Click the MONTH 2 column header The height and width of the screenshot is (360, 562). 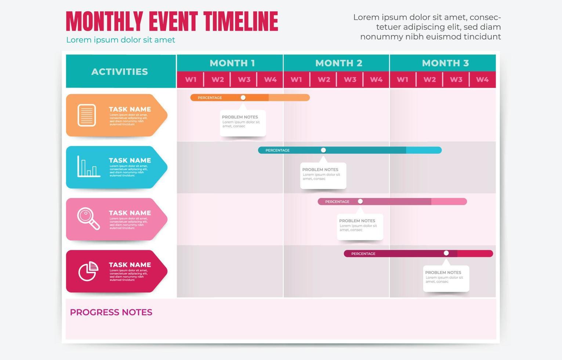coord(338,63)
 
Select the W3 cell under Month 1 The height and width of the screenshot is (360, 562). coord(244,79)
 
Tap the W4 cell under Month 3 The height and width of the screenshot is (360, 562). coord(482,79)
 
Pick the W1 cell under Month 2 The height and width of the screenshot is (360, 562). coord(296,79)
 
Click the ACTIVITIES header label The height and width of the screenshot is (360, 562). coord(120,72)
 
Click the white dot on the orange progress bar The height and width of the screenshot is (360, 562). coord(243,98)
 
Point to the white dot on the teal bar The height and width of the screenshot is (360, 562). coord(323,150)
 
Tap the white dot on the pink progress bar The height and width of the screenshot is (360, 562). coord(360,201)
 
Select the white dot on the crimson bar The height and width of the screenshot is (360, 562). coord(446,253)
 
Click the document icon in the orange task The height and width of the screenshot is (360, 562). coord(87,115)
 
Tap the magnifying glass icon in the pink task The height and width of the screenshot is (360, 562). coord(88,219)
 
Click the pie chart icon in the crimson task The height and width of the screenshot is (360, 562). coord(88,271)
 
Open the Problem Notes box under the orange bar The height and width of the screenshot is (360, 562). coord(243,123)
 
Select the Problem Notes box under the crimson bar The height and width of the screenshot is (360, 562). coord(446,278)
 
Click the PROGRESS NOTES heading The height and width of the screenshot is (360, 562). coord(111,312)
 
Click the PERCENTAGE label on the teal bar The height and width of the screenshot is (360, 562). coord(278,150)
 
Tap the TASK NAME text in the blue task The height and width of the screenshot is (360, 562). coord(130,160)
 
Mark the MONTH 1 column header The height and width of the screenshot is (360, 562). coord(232,63)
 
